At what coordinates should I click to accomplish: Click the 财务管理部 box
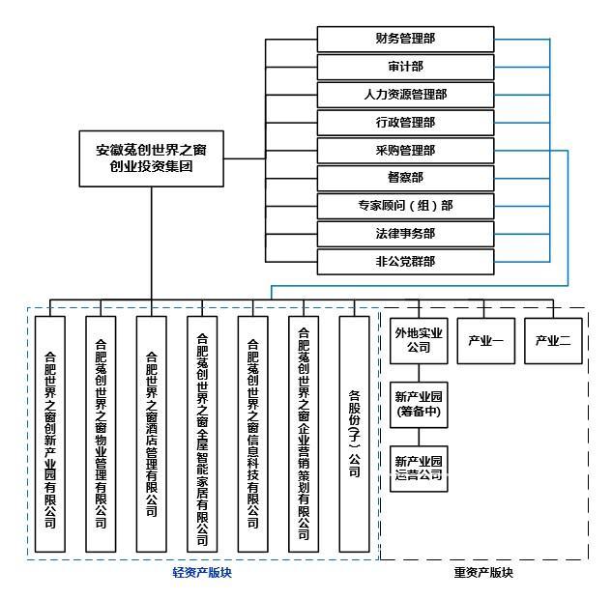click(405, 40)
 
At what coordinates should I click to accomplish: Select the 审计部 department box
click(405, 67)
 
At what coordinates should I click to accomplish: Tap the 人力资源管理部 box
click(405, 95)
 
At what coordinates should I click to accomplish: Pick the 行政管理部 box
click(405, 123)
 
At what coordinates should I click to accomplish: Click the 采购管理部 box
click(405, 151)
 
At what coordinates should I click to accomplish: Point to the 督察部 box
click(405, 178)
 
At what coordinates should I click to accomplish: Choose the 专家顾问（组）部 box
click(405, 206)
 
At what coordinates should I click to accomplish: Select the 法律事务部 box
click(405, 234)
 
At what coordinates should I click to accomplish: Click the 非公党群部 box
click(405, 261)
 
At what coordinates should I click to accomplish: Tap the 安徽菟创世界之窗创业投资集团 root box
click(151, 158)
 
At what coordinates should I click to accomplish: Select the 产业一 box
click(485, 340)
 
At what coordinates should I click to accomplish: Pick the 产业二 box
click(554, 340)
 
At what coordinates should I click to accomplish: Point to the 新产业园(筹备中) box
click(419, 403)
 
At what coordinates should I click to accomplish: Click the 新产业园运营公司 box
click(419, 468)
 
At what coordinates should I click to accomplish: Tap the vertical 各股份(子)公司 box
click(354, 433)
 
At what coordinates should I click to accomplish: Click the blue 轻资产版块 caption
click(201, 574)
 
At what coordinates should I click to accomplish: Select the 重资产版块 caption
click(483, 574)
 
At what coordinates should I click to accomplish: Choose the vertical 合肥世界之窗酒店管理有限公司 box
click(151, 433)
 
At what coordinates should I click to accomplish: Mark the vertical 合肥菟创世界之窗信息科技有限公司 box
click(253, 433)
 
